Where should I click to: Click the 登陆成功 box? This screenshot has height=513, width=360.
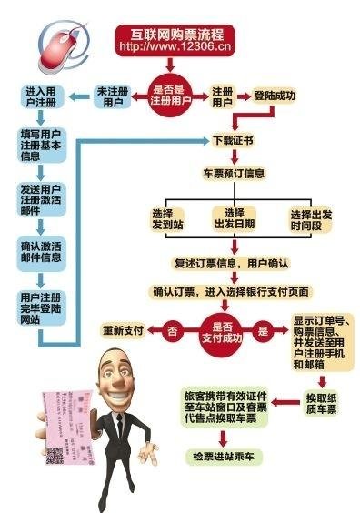275,94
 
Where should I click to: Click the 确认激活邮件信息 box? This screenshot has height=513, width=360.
42,251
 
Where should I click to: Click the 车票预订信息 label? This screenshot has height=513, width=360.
234,172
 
